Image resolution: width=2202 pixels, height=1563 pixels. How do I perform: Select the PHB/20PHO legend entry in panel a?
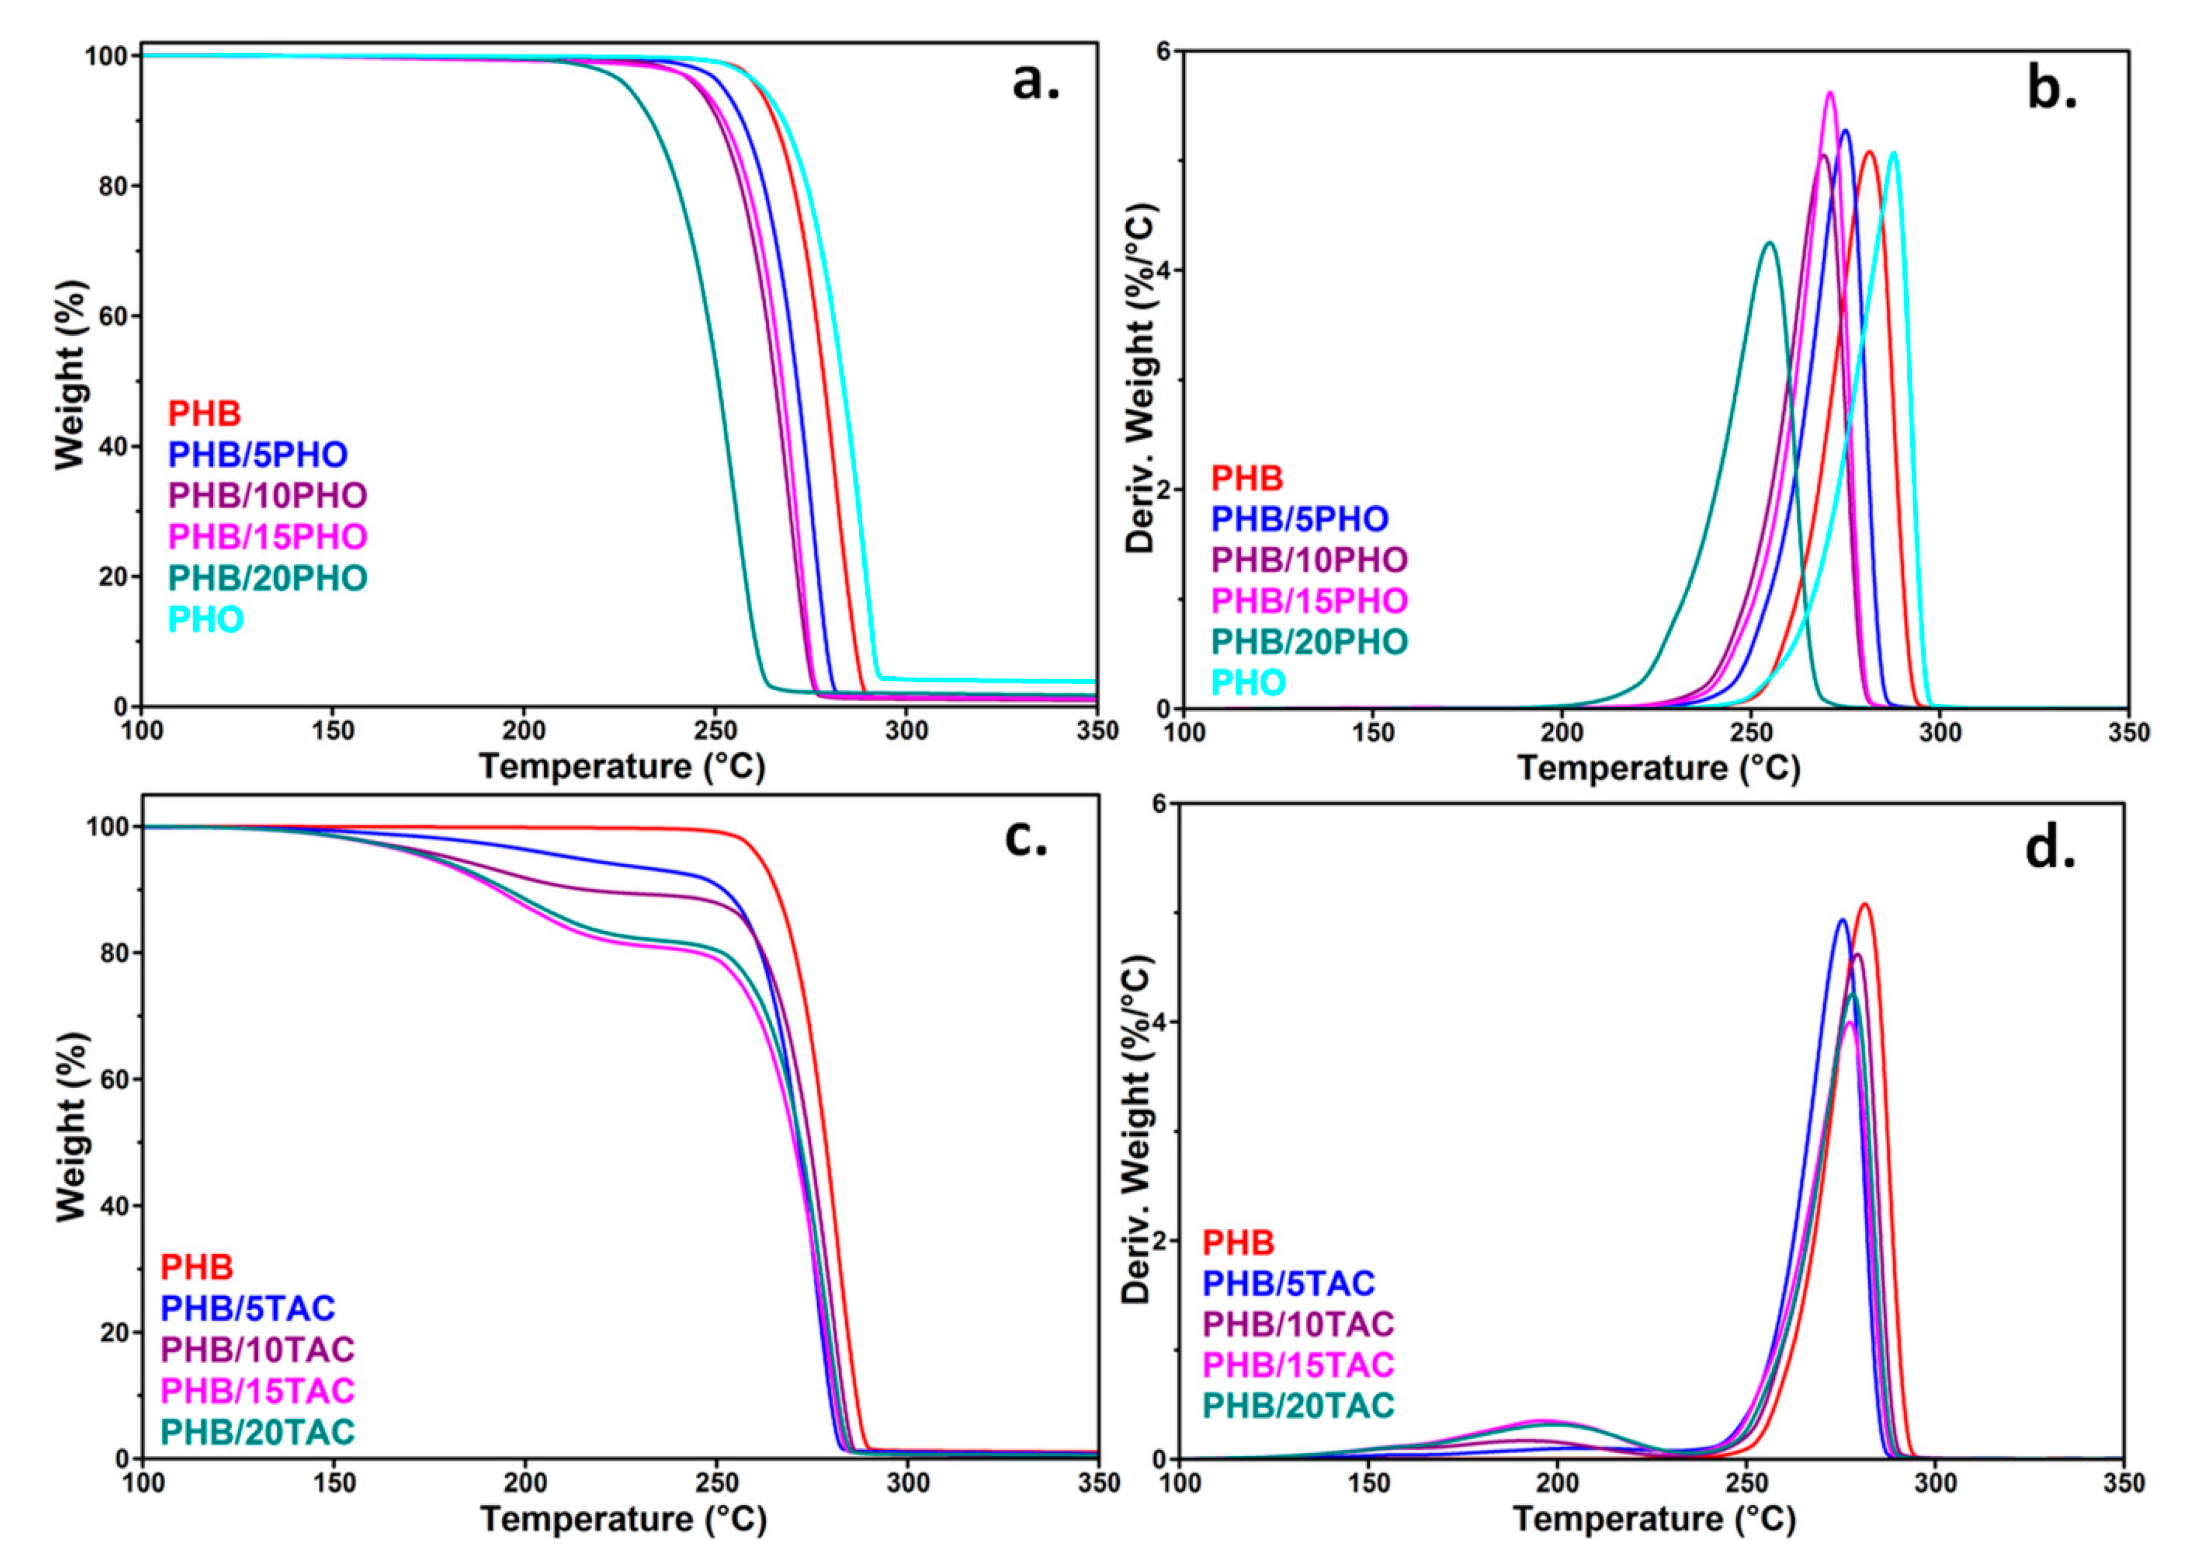[x=268, y=578]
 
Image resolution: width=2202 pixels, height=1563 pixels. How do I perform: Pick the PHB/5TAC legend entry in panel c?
[x=248, y=1308]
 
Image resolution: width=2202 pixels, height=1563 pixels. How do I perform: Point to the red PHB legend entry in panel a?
[x=204, y=414]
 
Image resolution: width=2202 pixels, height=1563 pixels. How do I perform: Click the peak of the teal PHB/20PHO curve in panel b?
[x=1769, y=243]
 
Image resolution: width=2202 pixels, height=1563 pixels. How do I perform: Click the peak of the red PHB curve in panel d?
[x=1864, y=904]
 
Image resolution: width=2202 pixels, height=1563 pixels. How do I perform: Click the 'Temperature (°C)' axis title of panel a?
[x=621, y=767]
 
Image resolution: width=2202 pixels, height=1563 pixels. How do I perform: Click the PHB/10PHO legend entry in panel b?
[x=1309, y=559]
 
